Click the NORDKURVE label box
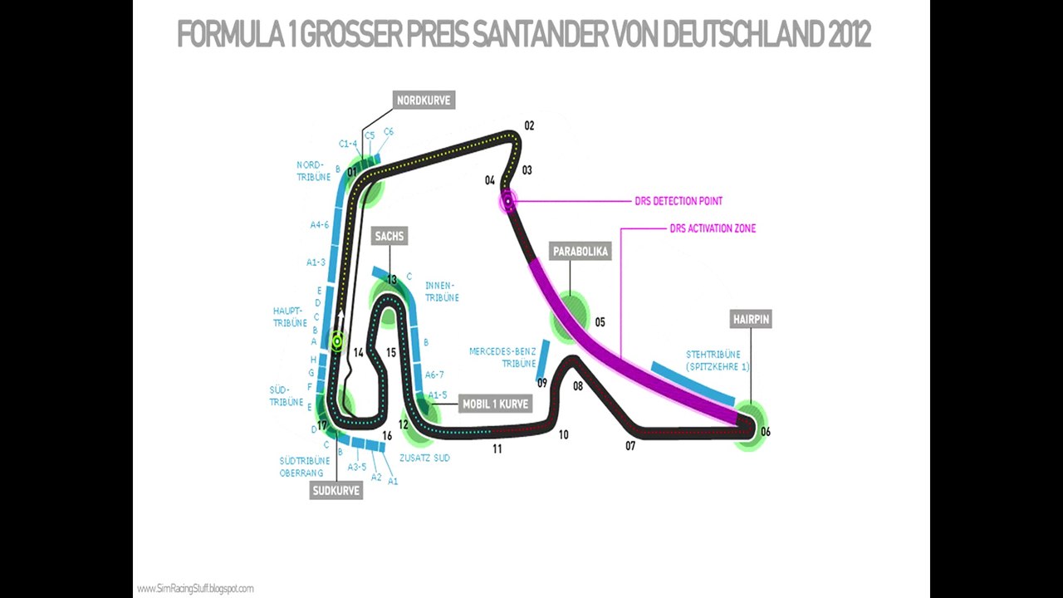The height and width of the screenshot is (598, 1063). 424,100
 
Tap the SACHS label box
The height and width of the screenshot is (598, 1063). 389,237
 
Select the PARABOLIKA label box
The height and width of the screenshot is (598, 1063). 580,251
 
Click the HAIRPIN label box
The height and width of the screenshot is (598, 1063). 751,319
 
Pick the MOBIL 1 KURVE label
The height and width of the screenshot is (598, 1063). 496,404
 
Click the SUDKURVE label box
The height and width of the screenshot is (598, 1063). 336,490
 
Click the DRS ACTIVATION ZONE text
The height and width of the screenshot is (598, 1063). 713,228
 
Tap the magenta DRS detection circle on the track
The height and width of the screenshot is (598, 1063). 507,200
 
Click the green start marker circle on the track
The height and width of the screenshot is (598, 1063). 337,340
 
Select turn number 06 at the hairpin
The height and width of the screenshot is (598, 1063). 765,432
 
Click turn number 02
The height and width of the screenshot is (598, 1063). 529,126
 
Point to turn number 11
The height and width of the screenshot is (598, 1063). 497,449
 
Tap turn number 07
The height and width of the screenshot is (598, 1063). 630,446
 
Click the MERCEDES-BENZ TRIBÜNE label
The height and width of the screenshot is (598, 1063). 502,357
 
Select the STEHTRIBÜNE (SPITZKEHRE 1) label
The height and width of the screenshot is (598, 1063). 719,360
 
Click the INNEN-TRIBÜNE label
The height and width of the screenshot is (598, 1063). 441,291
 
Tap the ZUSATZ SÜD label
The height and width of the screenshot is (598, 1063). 424,458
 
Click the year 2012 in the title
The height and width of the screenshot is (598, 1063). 849,35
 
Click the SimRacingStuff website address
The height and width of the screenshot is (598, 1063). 196,589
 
